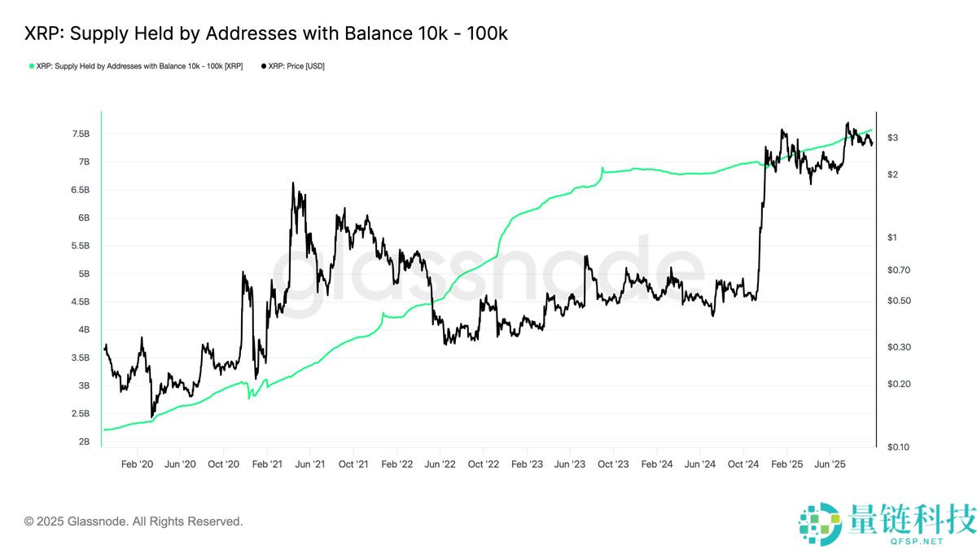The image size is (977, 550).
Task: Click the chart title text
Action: point(266,33)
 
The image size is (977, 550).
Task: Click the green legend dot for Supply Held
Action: point(32,66)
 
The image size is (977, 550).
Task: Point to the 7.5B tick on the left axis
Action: point(81,134)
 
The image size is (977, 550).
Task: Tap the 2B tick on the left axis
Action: point(84,442)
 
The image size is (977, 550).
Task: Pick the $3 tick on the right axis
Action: point(892,138)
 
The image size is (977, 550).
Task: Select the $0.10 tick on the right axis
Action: point(897,447)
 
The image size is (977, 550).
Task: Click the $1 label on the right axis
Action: point(892,237)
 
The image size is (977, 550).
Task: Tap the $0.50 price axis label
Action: point(897,301)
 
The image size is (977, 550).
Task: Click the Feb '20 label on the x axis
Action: point(137,464)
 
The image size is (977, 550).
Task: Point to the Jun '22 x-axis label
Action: point(440,464)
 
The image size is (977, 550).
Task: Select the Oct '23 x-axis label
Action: point(613,464)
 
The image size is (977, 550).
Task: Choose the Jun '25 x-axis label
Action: point(829,464)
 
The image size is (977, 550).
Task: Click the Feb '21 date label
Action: point(267,464)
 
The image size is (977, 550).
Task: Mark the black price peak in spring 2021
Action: point(292,183)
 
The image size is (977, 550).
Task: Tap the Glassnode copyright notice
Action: point(134,521)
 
